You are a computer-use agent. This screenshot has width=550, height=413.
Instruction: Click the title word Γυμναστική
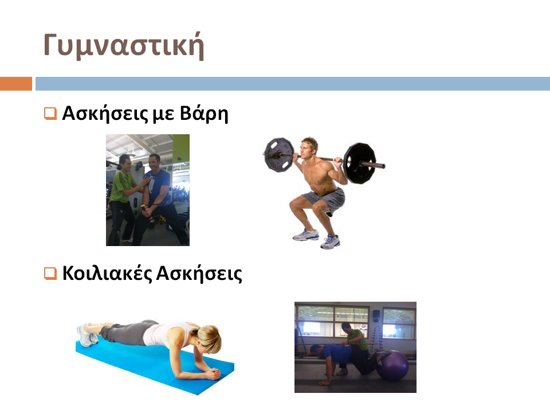pos(124,46)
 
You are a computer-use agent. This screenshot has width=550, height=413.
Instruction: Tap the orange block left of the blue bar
pos(16,84)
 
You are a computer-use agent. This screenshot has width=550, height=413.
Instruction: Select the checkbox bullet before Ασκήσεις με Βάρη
pos(50,114)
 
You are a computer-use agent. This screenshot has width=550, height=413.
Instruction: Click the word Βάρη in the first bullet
pos(204,114)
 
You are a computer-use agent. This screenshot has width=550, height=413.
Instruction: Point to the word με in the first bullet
pos(163,115)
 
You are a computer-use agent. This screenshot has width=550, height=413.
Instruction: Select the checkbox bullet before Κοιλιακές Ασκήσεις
pos(50,273)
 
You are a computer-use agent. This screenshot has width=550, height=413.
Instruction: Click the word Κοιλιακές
pos(107,274)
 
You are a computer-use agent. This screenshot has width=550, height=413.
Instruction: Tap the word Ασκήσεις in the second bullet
pos(199,274)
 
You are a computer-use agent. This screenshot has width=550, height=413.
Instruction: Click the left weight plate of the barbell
pos(279,155)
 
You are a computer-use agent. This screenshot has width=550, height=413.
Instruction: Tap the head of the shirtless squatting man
pos(309,148)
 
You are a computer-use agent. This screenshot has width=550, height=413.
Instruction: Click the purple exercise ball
pos(394,365)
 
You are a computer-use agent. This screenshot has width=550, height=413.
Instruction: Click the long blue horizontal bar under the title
pos(293,84)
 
